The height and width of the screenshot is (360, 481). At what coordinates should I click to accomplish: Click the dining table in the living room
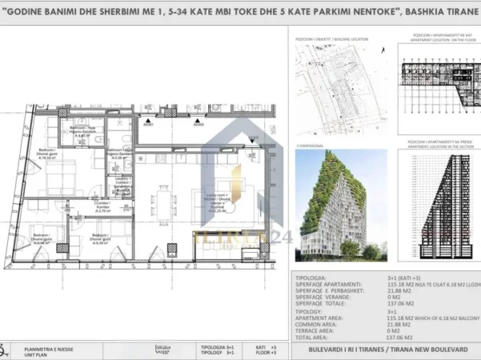click(x=163, y=197)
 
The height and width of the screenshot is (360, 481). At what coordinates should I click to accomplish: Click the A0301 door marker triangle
click(x=147, y=121)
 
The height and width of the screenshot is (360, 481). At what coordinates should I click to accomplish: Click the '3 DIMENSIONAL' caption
click(x=309, y=146)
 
